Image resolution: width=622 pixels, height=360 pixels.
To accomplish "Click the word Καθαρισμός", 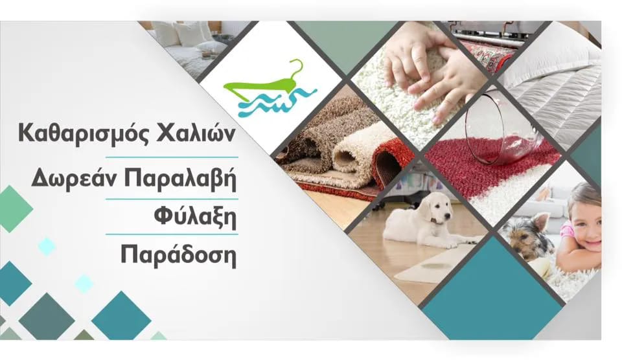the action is click(83, 134).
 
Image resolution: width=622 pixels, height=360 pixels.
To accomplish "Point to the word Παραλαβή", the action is click(181, 178).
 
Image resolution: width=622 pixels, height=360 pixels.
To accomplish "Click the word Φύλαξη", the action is click(195, 217).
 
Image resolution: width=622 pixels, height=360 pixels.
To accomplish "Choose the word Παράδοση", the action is click(179, 254).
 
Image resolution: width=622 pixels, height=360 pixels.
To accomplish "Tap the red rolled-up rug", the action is click(391, 159).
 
